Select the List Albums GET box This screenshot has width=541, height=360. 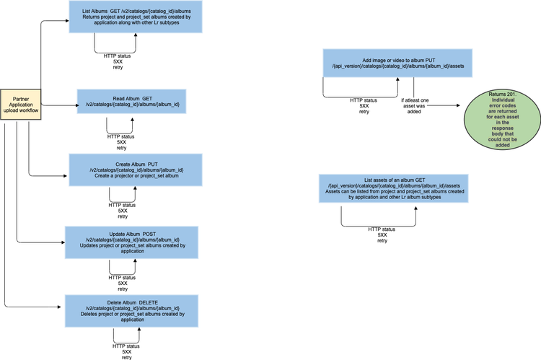pyautogui.click(x=127, y=17)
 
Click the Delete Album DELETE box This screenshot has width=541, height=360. pyautogui.click(x=127, y=309)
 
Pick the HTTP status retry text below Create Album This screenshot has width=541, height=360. pyautogui.click(x=122, y=210)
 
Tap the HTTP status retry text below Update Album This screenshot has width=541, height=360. pyautogui.click(x=122, y=282)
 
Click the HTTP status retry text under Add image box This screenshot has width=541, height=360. pyautogui.click(x=364, y=106)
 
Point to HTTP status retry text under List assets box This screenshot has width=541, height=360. pyautogui.click(x=382, y=234)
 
